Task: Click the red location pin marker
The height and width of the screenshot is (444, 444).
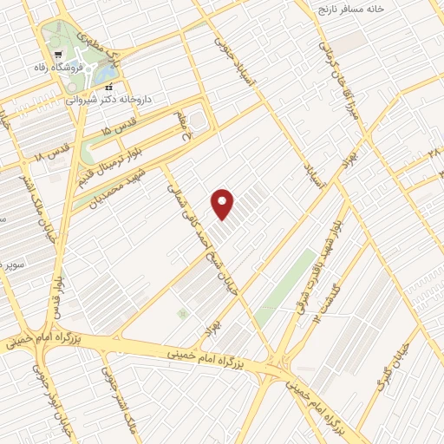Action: click(224, 204)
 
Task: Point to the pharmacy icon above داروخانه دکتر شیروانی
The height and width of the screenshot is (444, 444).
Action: click(108, 87)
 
